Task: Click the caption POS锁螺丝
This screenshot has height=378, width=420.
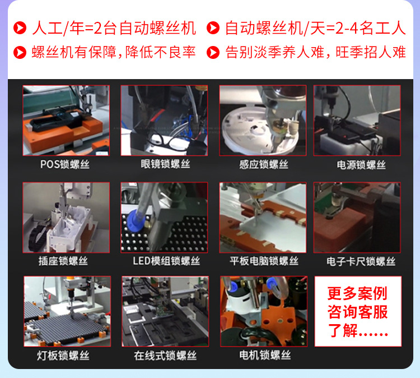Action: tap(64, 164)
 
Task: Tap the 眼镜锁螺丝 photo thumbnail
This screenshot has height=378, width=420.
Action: tap(165, 121)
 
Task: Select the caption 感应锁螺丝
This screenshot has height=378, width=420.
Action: tap(263, 164)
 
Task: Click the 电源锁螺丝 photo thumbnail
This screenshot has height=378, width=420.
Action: tap(357, 121)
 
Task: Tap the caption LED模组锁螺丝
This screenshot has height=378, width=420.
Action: tap(166, 261)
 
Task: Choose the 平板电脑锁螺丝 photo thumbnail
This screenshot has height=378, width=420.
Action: tap(263, 217)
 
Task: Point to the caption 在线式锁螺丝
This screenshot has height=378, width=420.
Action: tap(165, 355)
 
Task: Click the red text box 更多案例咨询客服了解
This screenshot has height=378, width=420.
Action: tap(358, 311)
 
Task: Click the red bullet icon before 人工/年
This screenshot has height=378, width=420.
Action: tap(20, 27)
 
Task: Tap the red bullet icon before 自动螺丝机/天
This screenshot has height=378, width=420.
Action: tap(213, 27)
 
